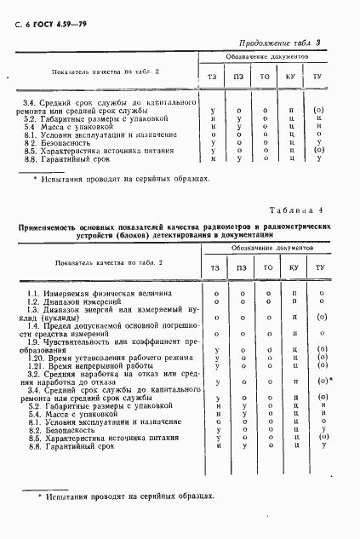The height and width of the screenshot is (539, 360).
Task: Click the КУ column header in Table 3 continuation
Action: tap(294, 77)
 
